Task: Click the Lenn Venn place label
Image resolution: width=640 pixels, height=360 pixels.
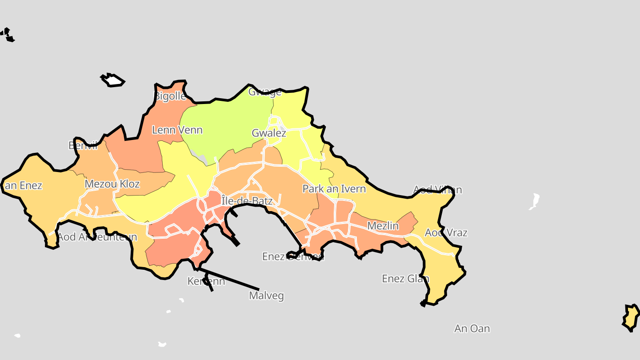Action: (177, 130)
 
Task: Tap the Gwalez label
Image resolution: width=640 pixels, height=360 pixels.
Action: (269, 133)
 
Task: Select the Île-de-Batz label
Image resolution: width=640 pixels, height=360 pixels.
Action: (247, 201)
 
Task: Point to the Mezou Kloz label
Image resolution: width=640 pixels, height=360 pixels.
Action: (112, 184)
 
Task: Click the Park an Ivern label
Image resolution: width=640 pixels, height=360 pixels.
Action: (334, 189)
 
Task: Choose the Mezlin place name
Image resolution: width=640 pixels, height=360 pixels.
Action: (383, 226)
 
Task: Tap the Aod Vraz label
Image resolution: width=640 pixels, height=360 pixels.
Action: (446, 232)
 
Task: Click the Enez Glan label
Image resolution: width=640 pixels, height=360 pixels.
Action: (405, 279)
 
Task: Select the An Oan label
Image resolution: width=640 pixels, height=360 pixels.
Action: (472, 328)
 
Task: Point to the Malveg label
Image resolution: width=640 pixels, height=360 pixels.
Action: (266, 296)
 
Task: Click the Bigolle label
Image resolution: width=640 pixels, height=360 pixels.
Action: (170, 96)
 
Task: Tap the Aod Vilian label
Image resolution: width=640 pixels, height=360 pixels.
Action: (438, 190)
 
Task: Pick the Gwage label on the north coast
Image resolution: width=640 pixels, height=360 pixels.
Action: (265, 92)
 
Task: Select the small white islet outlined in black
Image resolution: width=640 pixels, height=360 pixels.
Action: (114, 80)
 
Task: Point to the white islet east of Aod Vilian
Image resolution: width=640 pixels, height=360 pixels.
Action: (534, 201)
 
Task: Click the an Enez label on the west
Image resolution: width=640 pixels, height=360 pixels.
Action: (23, 186)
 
